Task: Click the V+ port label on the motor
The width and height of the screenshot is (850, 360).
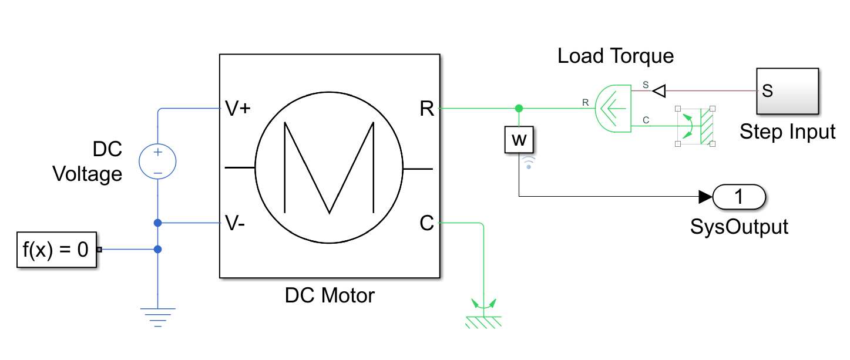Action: point(238,109)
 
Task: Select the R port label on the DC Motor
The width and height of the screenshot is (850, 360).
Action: point(427,109)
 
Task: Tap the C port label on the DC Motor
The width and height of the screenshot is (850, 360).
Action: point(427,223)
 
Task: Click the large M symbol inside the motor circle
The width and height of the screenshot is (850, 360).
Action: point(329,167)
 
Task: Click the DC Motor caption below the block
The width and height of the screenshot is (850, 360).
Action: point(330,295)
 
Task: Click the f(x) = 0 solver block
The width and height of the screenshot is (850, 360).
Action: point(56,250)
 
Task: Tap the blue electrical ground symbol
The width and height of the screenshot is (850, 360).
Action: point(157,316)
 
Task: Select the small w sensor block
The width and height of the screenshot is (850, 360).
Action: point(519,140)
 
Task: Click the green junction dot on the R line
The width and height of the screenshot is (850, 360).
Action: point(519,109)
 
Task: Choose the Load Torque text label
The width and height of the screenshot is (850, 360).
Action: point(615,56)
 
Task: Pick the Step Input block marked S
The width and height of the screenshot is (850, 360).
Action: point(787,91)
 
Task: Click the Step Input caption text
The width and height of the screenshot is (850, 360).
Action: point(787,132)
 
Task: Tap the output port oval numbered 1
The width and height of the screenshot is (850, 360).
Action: point(739,197)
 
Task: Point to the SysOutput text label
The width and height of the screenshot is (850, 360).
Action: point(739,226)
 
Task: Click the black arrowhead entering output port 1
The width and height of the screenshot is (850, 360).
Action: point(705,197)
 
